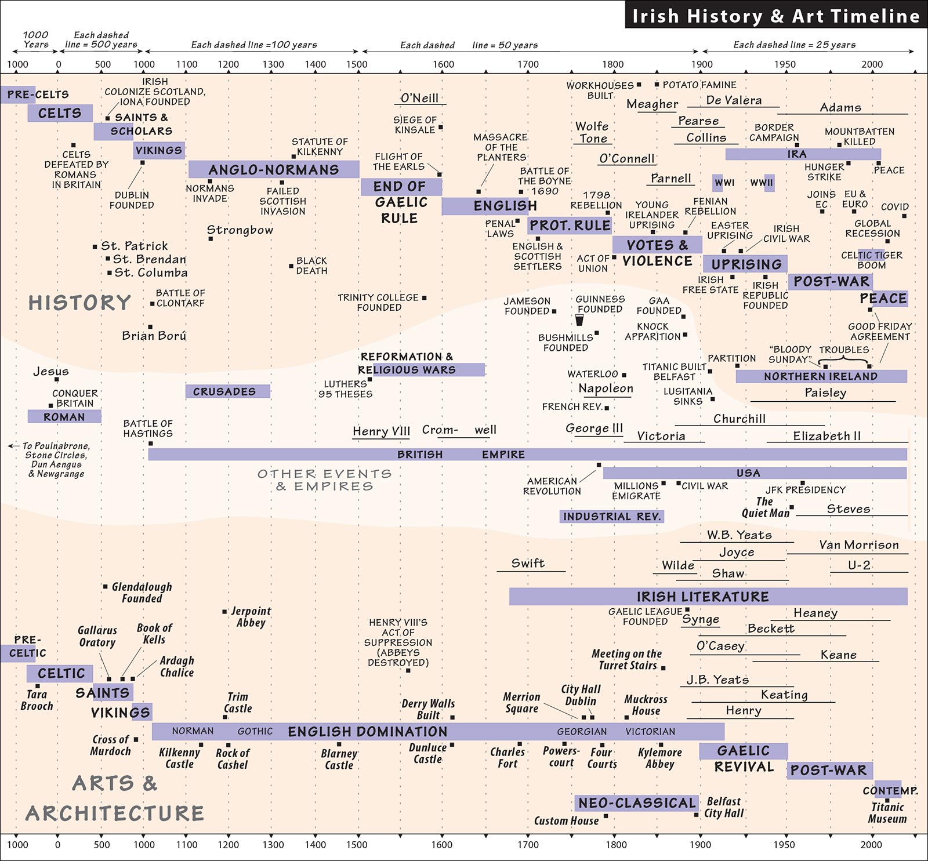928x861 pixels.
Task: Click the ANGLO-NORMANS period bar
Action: pos(274,169)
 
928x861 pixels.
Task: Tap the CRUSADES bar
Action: pos(228,391)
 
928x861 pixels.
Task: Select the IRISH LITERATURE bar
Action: pos(708,597)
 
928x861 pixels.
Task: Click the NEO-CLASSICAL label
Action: pos(637,803)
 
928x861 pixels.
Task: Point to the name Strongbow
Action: pos(240,230)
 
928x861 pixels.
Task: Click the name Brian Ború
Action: pos(154,335)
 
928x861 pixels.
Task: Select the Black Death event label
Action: pos(311,266)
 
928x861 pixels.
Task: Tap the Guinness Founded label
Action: pos(600,304)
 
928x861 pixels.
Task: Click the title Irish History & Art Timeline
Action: pos(776,16)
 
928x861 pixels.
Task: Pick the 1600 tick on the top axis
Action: pos(444,64)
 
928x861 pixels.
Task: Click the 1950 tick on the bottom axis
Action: pos(784,845)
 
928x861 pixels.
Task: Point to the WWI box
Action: pos(724,183)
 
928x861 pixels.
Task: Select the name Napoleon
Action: pos(606,388)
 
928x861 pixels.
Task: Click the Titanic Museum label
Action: pos(887,813)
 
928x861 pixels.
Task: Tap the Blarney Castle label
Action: pos(339,759)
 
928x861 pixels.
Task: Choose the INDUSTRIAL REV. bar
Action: pos(612,516)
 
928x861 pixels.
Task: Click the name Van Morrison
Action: pos(859,545)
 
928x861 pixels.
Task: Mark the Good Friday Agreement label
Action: pos(880,331)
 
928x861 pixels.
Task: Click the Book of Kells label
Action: pos(154,634)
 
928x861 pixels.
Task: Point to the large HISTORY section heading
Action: pos(80,303)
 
